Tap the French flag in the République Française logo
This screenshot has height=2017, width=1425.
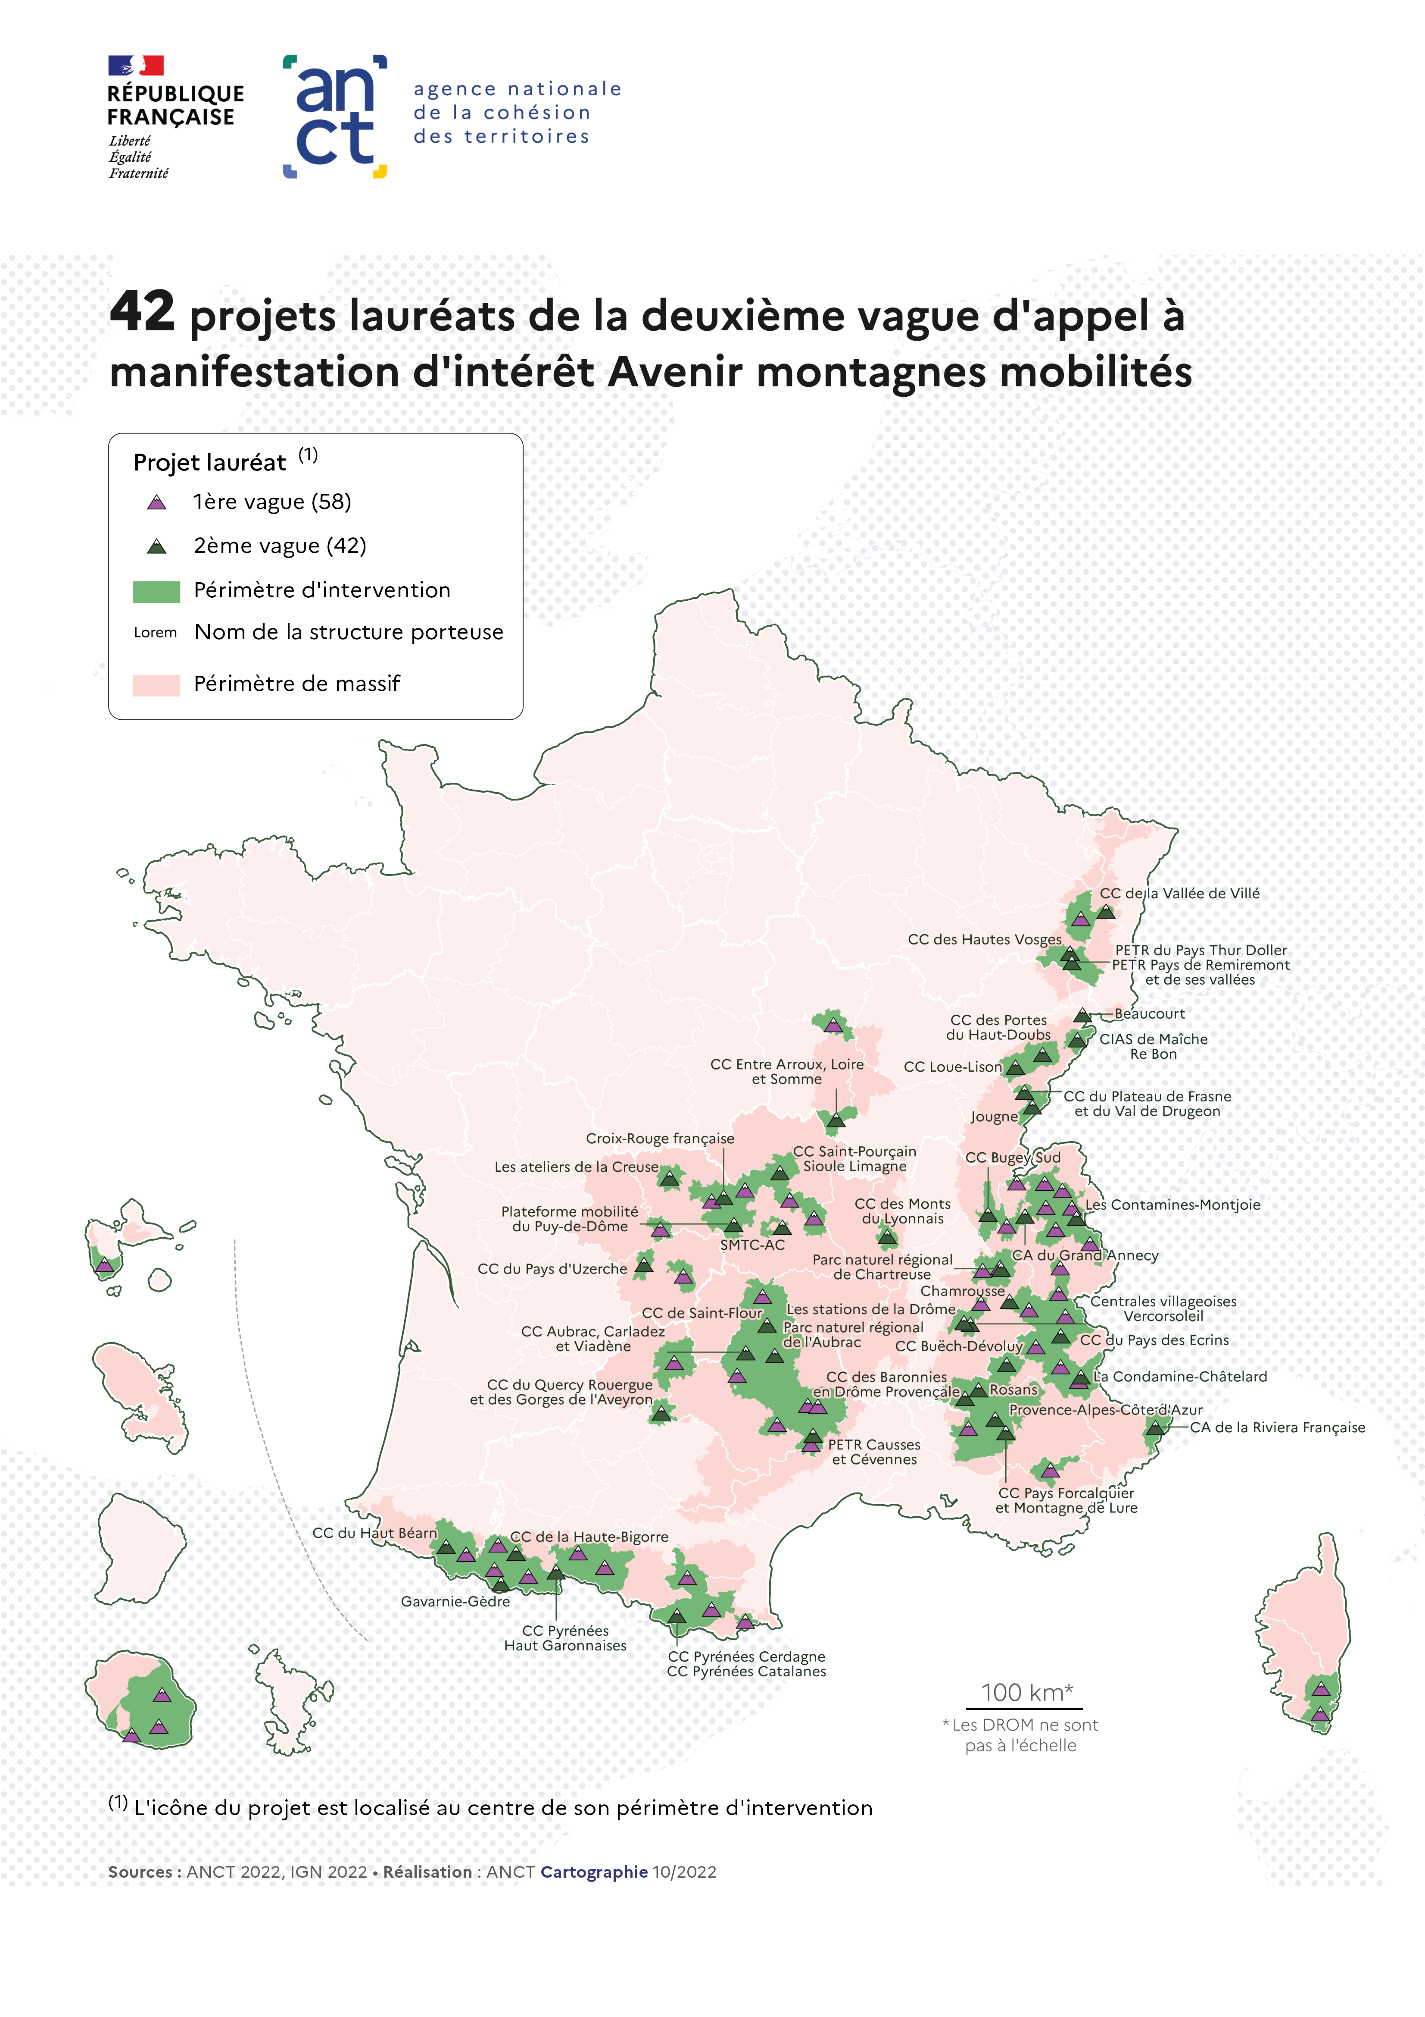(136, 65)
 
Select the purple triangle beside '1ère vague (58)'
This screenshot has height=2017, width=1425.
(156, 502)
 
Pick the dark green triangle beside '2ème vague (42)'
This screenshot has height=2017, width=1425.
(156, 546)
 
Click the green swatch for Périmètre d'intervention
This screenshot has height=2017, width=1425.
(156, 591)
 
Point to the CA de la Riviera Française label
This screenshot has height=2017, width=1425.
(1278, 1427)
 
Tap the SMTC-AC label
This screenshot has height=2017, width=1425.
(752, 1245)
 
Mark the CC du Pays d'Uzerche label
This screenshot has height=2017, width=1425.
(552, 1268)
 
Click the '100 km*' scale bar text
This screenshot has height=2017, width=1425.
(1026, 1693)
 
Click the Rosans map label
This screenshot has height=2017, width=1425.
(1014, 1390)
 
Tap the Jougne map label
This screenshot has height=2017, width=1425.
(994, 1117)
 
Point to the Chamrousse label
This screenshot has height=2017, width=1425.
(962, 1291)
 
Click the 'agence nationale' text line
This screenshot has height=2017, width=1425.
(517, 89)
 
